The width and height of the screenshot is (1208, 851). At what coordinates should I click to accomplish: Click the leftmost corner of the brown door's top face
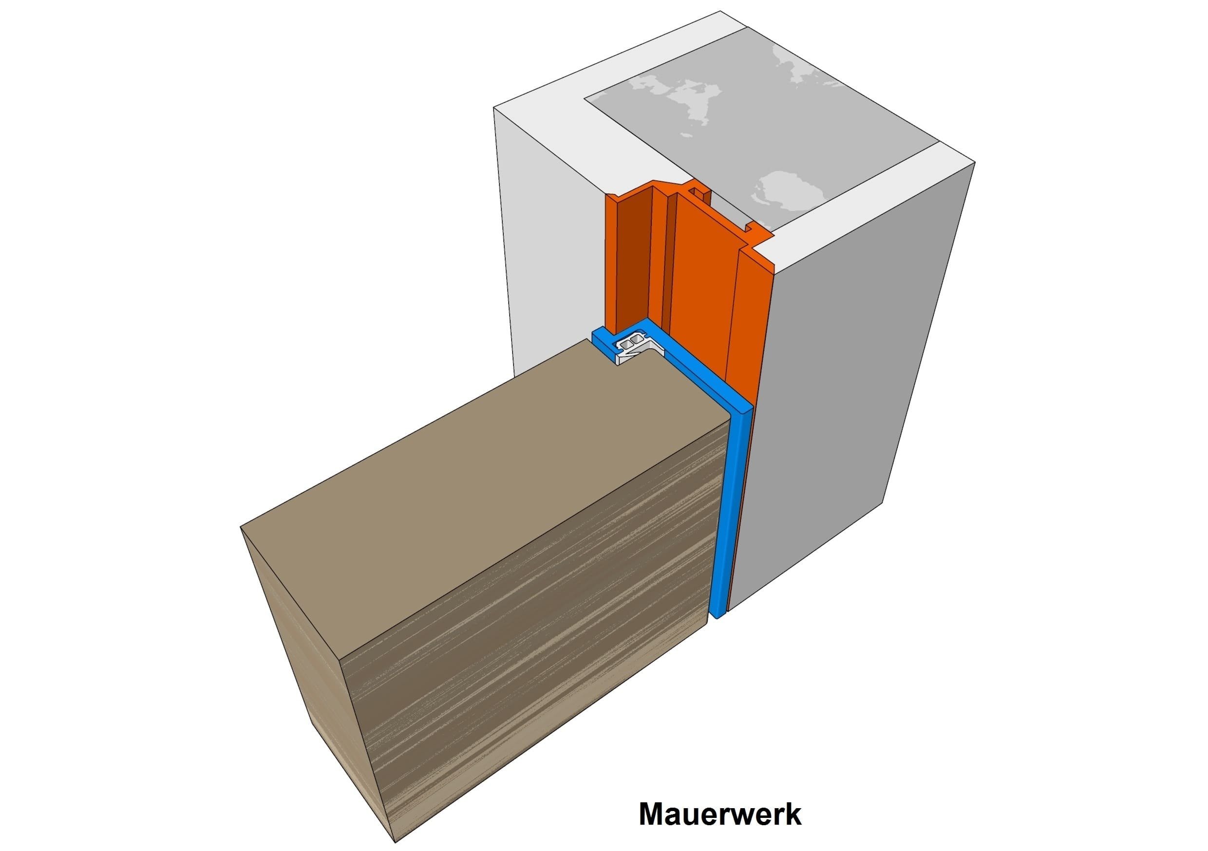tap(241, 526)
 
